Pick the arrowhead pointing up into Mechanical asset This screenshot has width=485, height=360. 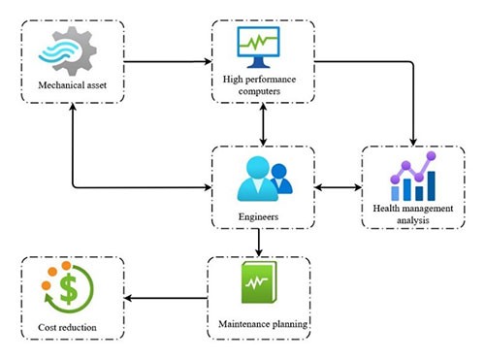(x=73, y=113)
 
